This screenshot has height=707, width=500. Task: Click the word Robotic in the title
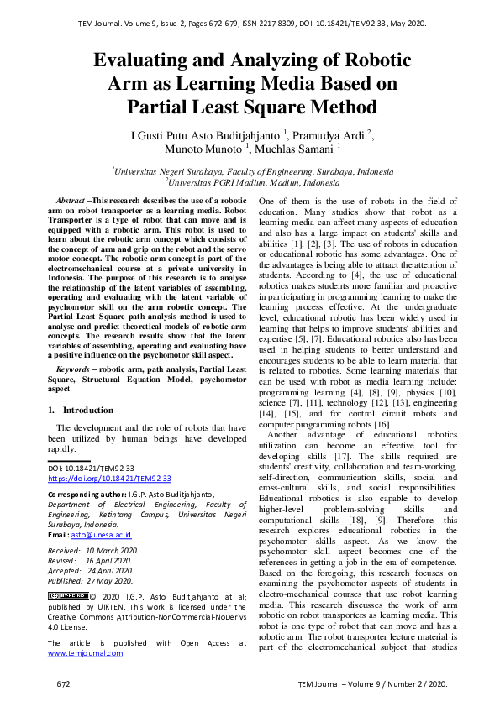click(371, 60)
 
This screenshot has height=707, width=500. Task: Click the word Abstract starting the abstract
click(70, 201)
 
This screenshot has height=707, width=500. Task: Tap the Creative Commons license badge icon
click(68, 595)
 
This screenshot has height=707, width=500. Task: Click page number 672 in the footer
click(64, 684)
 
